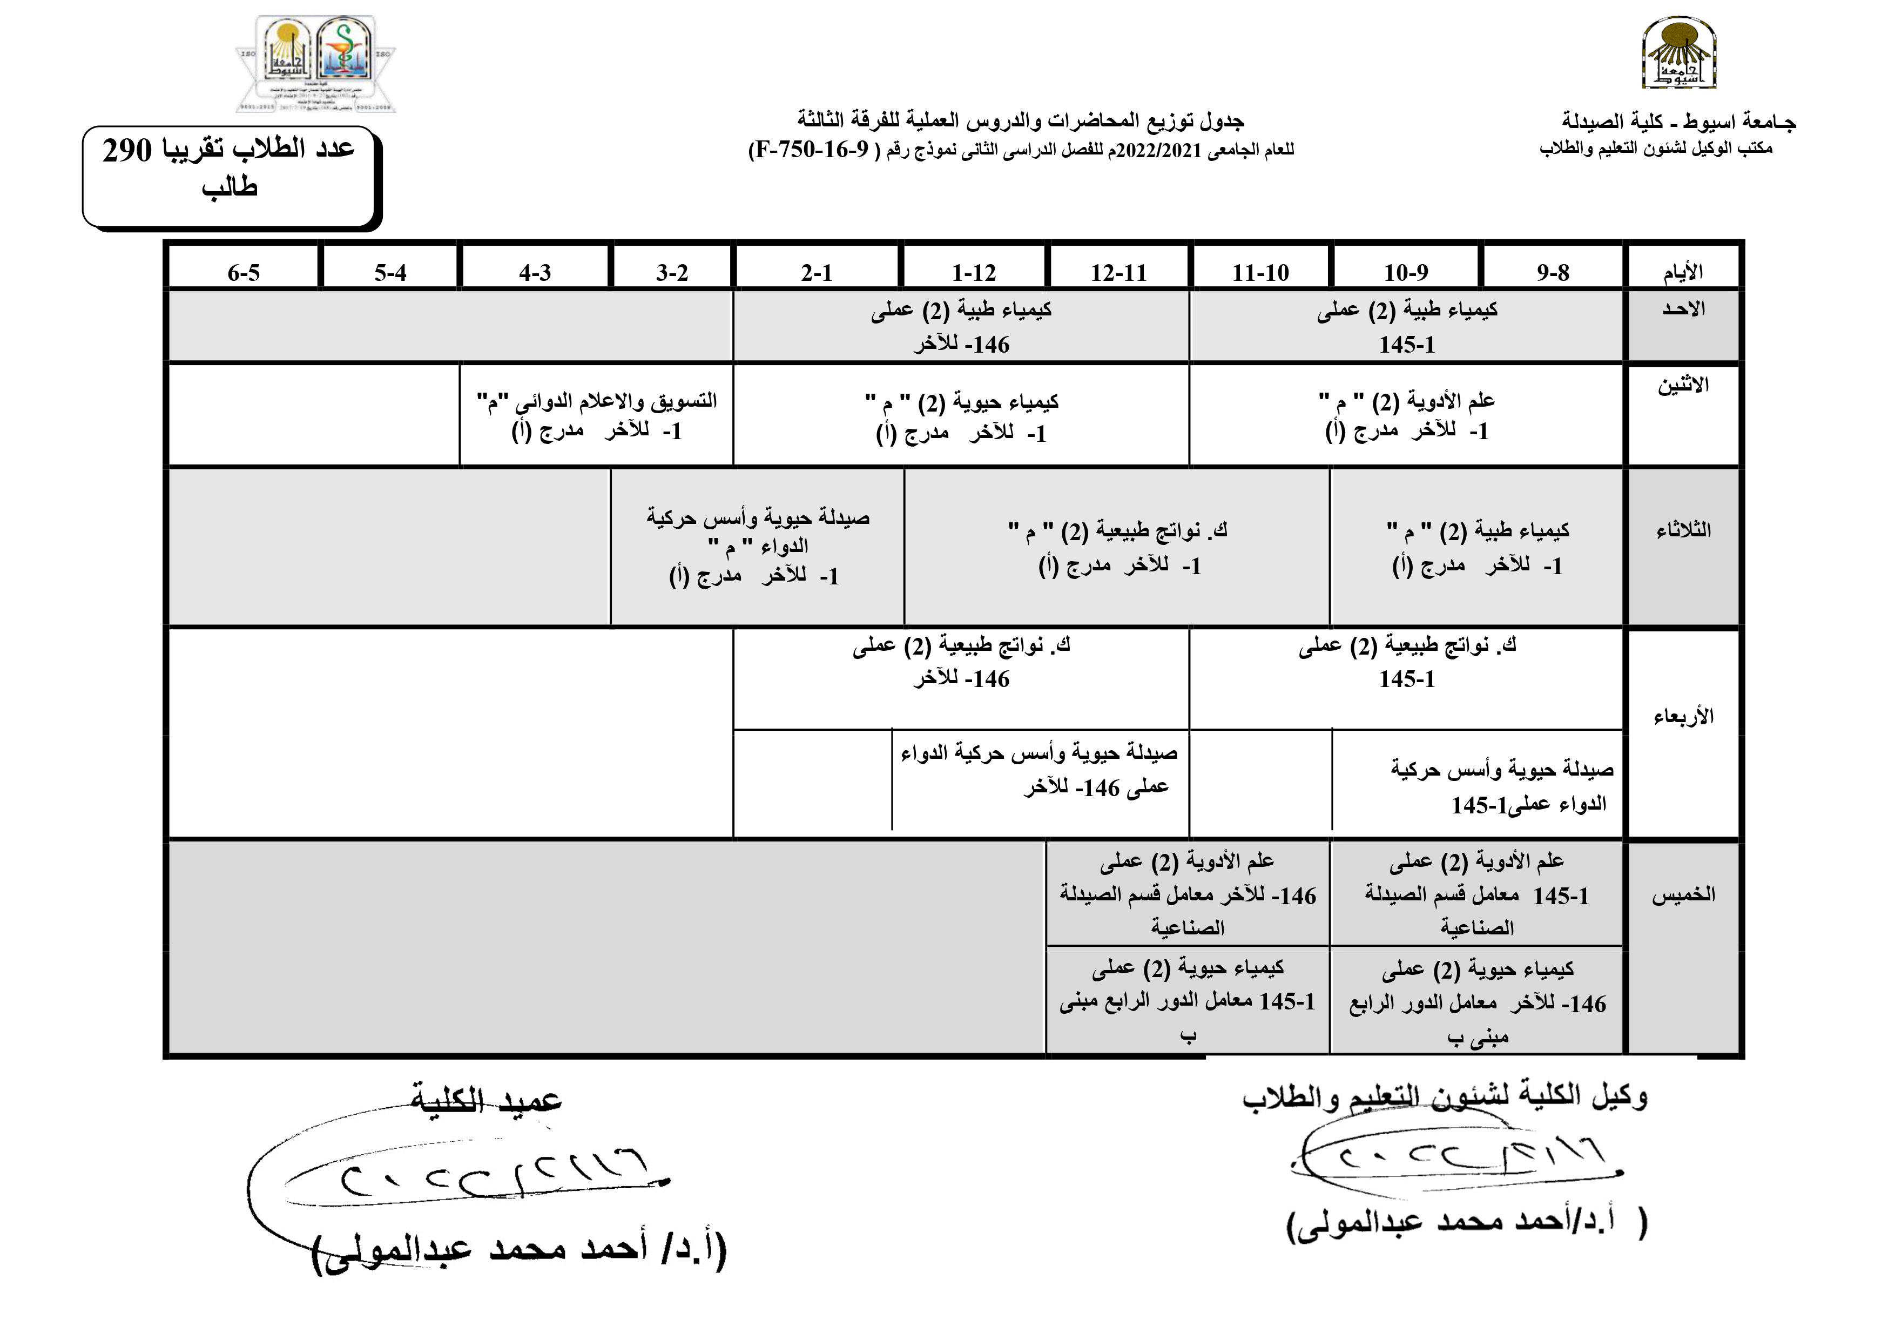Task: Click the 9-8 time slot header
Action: click(x=1553, y=272)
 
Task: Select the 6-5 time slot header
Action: click(x=244, y=272)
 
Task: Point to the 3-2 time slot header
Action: click(x=672, y=272)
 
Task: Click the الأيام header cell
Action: click(x=1683, y=272)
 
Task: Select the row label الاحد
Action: click(x=1683, y=309)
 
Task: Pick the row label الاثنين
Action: click(x=1683, y=386)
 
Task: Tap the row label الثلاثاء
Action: click(x=1683, y=530)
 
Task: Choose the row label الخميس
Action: click(x=1683, y=894)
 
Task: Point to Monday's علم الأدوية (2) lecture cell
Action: click(x=1406, y=415)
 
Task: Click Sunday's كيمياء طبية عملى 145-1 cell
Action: click(x=1406, y=326)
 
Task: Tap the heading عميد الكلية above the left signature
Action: click(x=486, y=1101)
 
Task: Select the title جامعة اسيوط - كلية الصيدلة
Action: click(x=1679, y=122)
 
